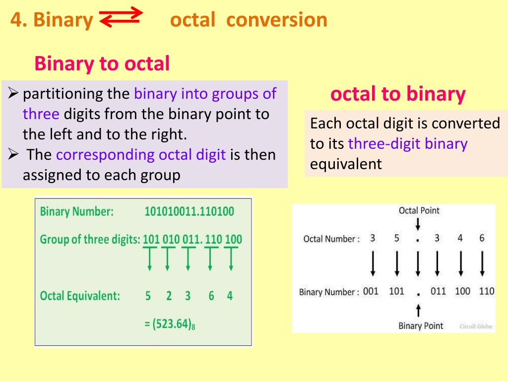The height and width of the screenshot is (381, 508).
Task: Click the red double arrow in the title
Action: point(121,17)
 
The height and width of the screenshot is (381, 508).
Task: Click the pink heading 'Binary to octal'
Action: point(102,63)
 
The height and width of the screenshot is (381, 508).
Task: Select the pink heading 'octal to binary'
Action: point(398,94)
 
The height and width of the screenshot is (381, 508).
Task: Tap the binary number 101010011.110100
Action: point(189,211)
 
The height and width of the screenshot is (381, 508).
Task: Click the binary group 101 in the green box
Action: point(151,239)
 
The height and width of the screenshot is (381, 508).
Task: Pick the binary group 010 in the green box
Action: point(171,239)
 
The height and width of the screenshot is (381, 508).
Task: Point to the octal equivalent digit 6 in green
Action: point(211,296)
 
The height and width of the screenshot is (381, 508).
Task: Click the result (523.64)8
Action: point(170,324)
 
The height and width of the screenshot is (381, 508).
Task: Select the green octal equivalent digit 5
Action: point(148,296)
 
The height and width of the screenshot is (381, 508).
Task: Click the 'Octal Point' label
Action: point(419,210)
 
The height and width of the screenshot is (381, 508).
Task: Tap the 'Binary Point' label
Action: point(421,325)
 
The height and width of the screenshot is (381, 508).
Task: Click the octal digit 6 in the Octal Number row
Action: point(482,238)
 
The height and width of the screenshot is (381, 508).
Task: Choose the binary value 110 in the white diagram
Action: point(487,291)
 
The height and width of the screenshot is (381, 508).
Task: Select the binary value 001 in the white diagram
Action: point(371,291)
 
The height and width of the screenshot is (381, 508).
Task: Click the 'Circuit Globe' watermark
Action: point(476,326)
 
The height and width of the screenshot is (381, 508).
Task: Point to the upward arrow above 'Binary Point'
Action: point(418,311)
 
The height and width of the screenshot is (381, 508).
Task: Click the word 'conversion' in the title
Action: point(277,20)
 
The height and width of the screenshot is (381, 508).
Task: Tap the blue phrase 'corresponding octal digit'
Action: point(141,155)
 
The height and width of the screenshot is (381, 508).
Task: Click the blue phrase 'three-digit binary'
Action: point(408,144)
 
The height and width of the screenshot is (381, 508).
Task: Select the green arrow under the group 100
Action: point(231,258)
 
